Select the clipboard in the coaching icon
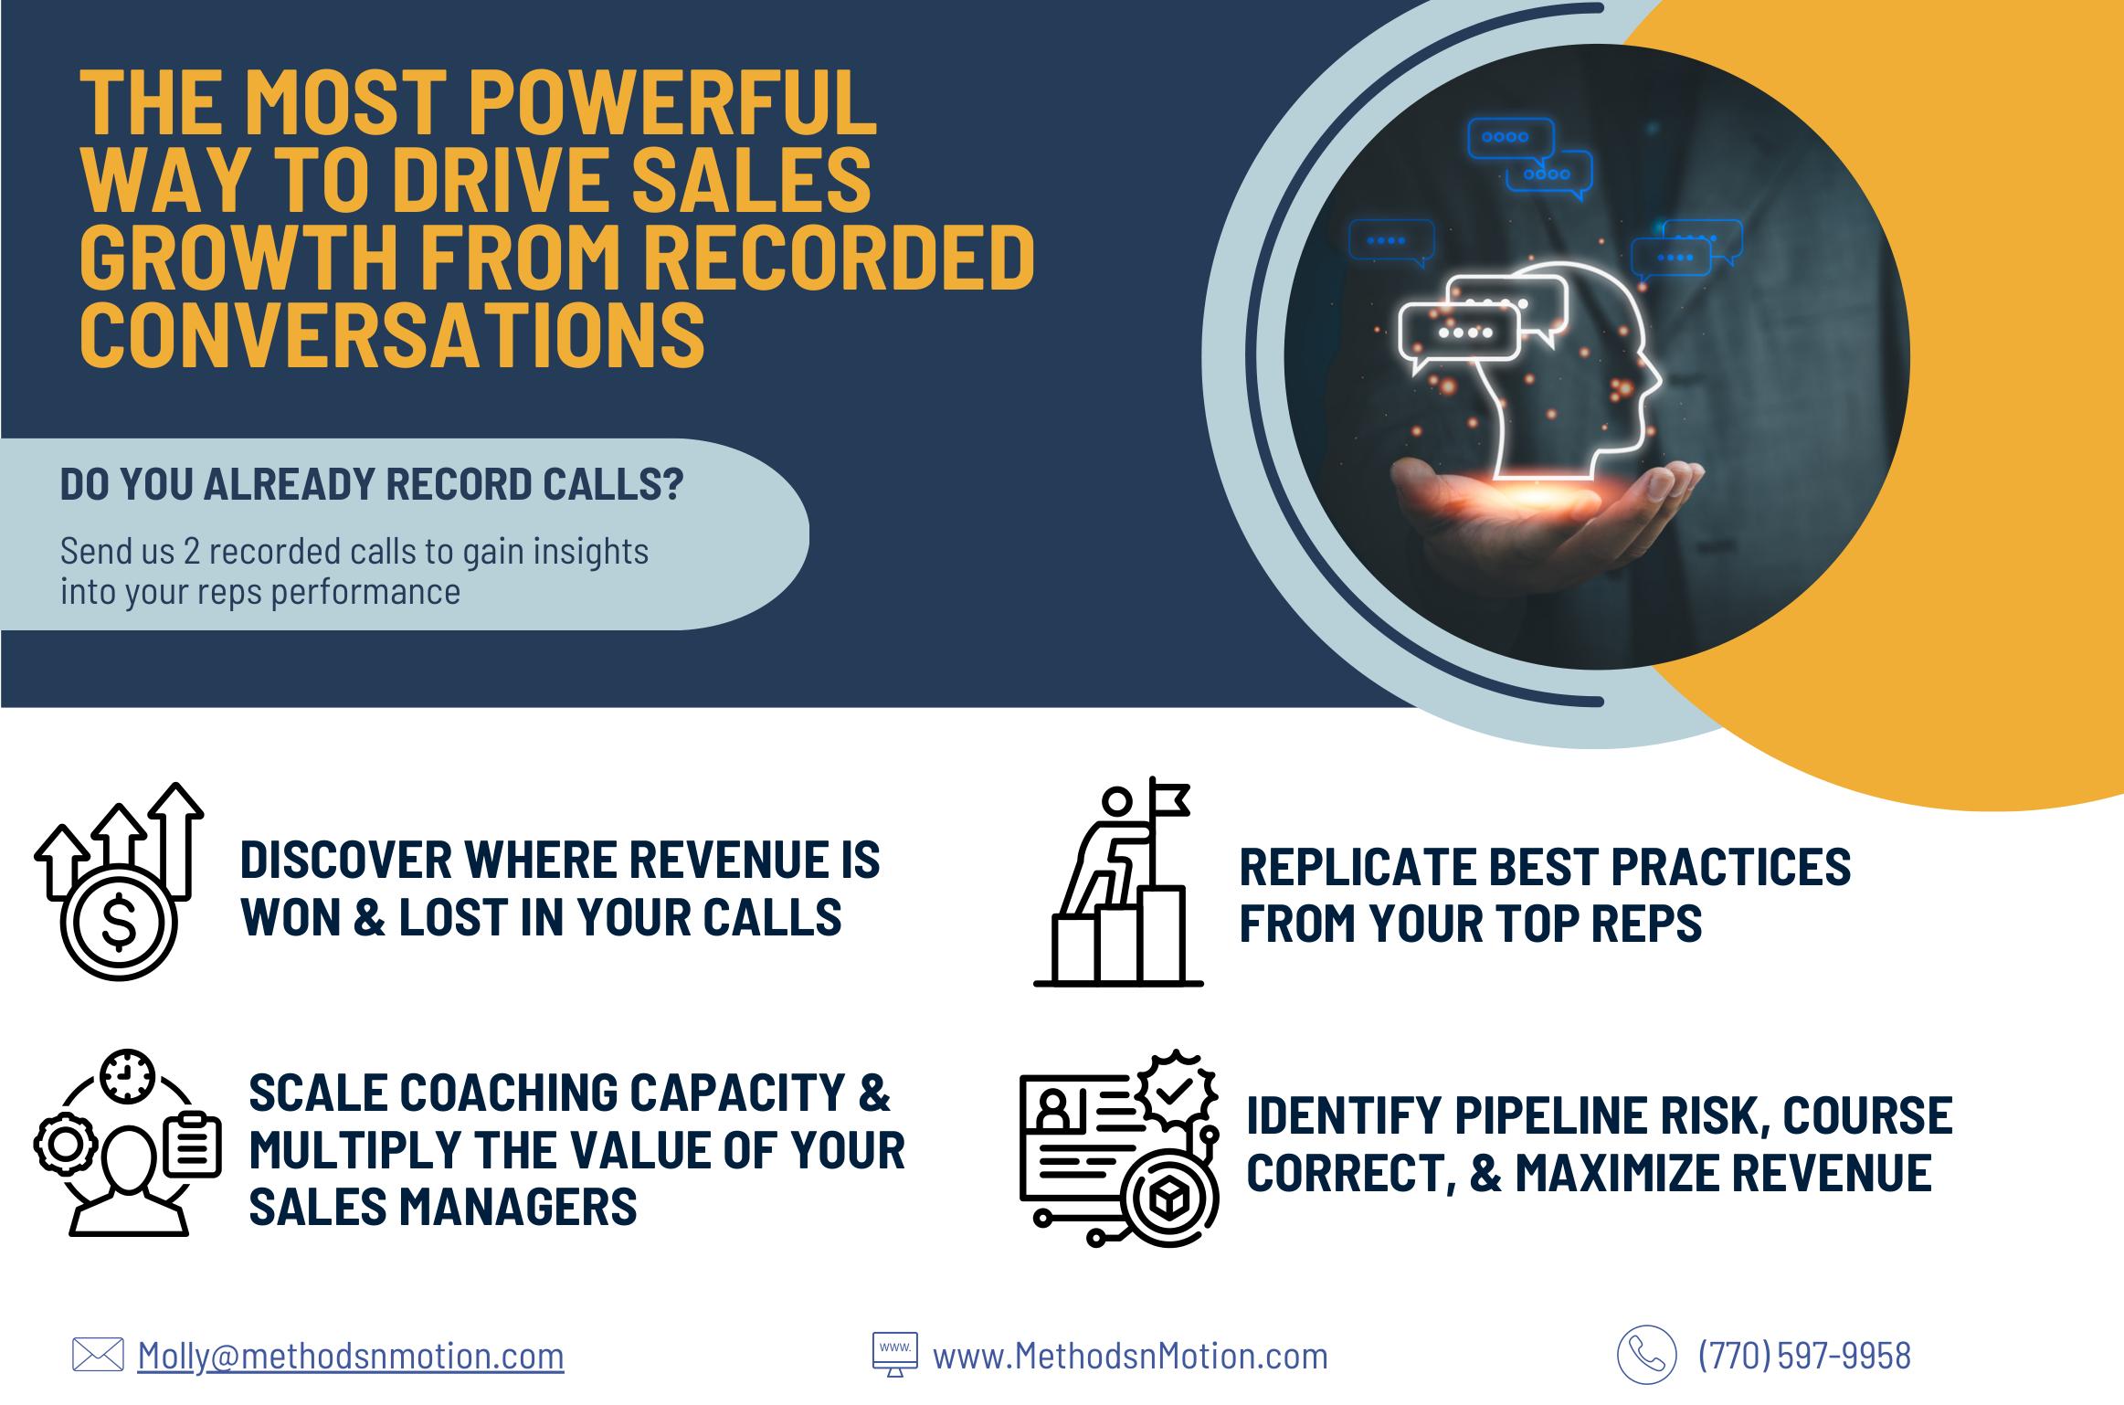[193, 1146]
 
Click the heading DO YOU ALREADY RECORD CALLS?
[371, 484]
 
